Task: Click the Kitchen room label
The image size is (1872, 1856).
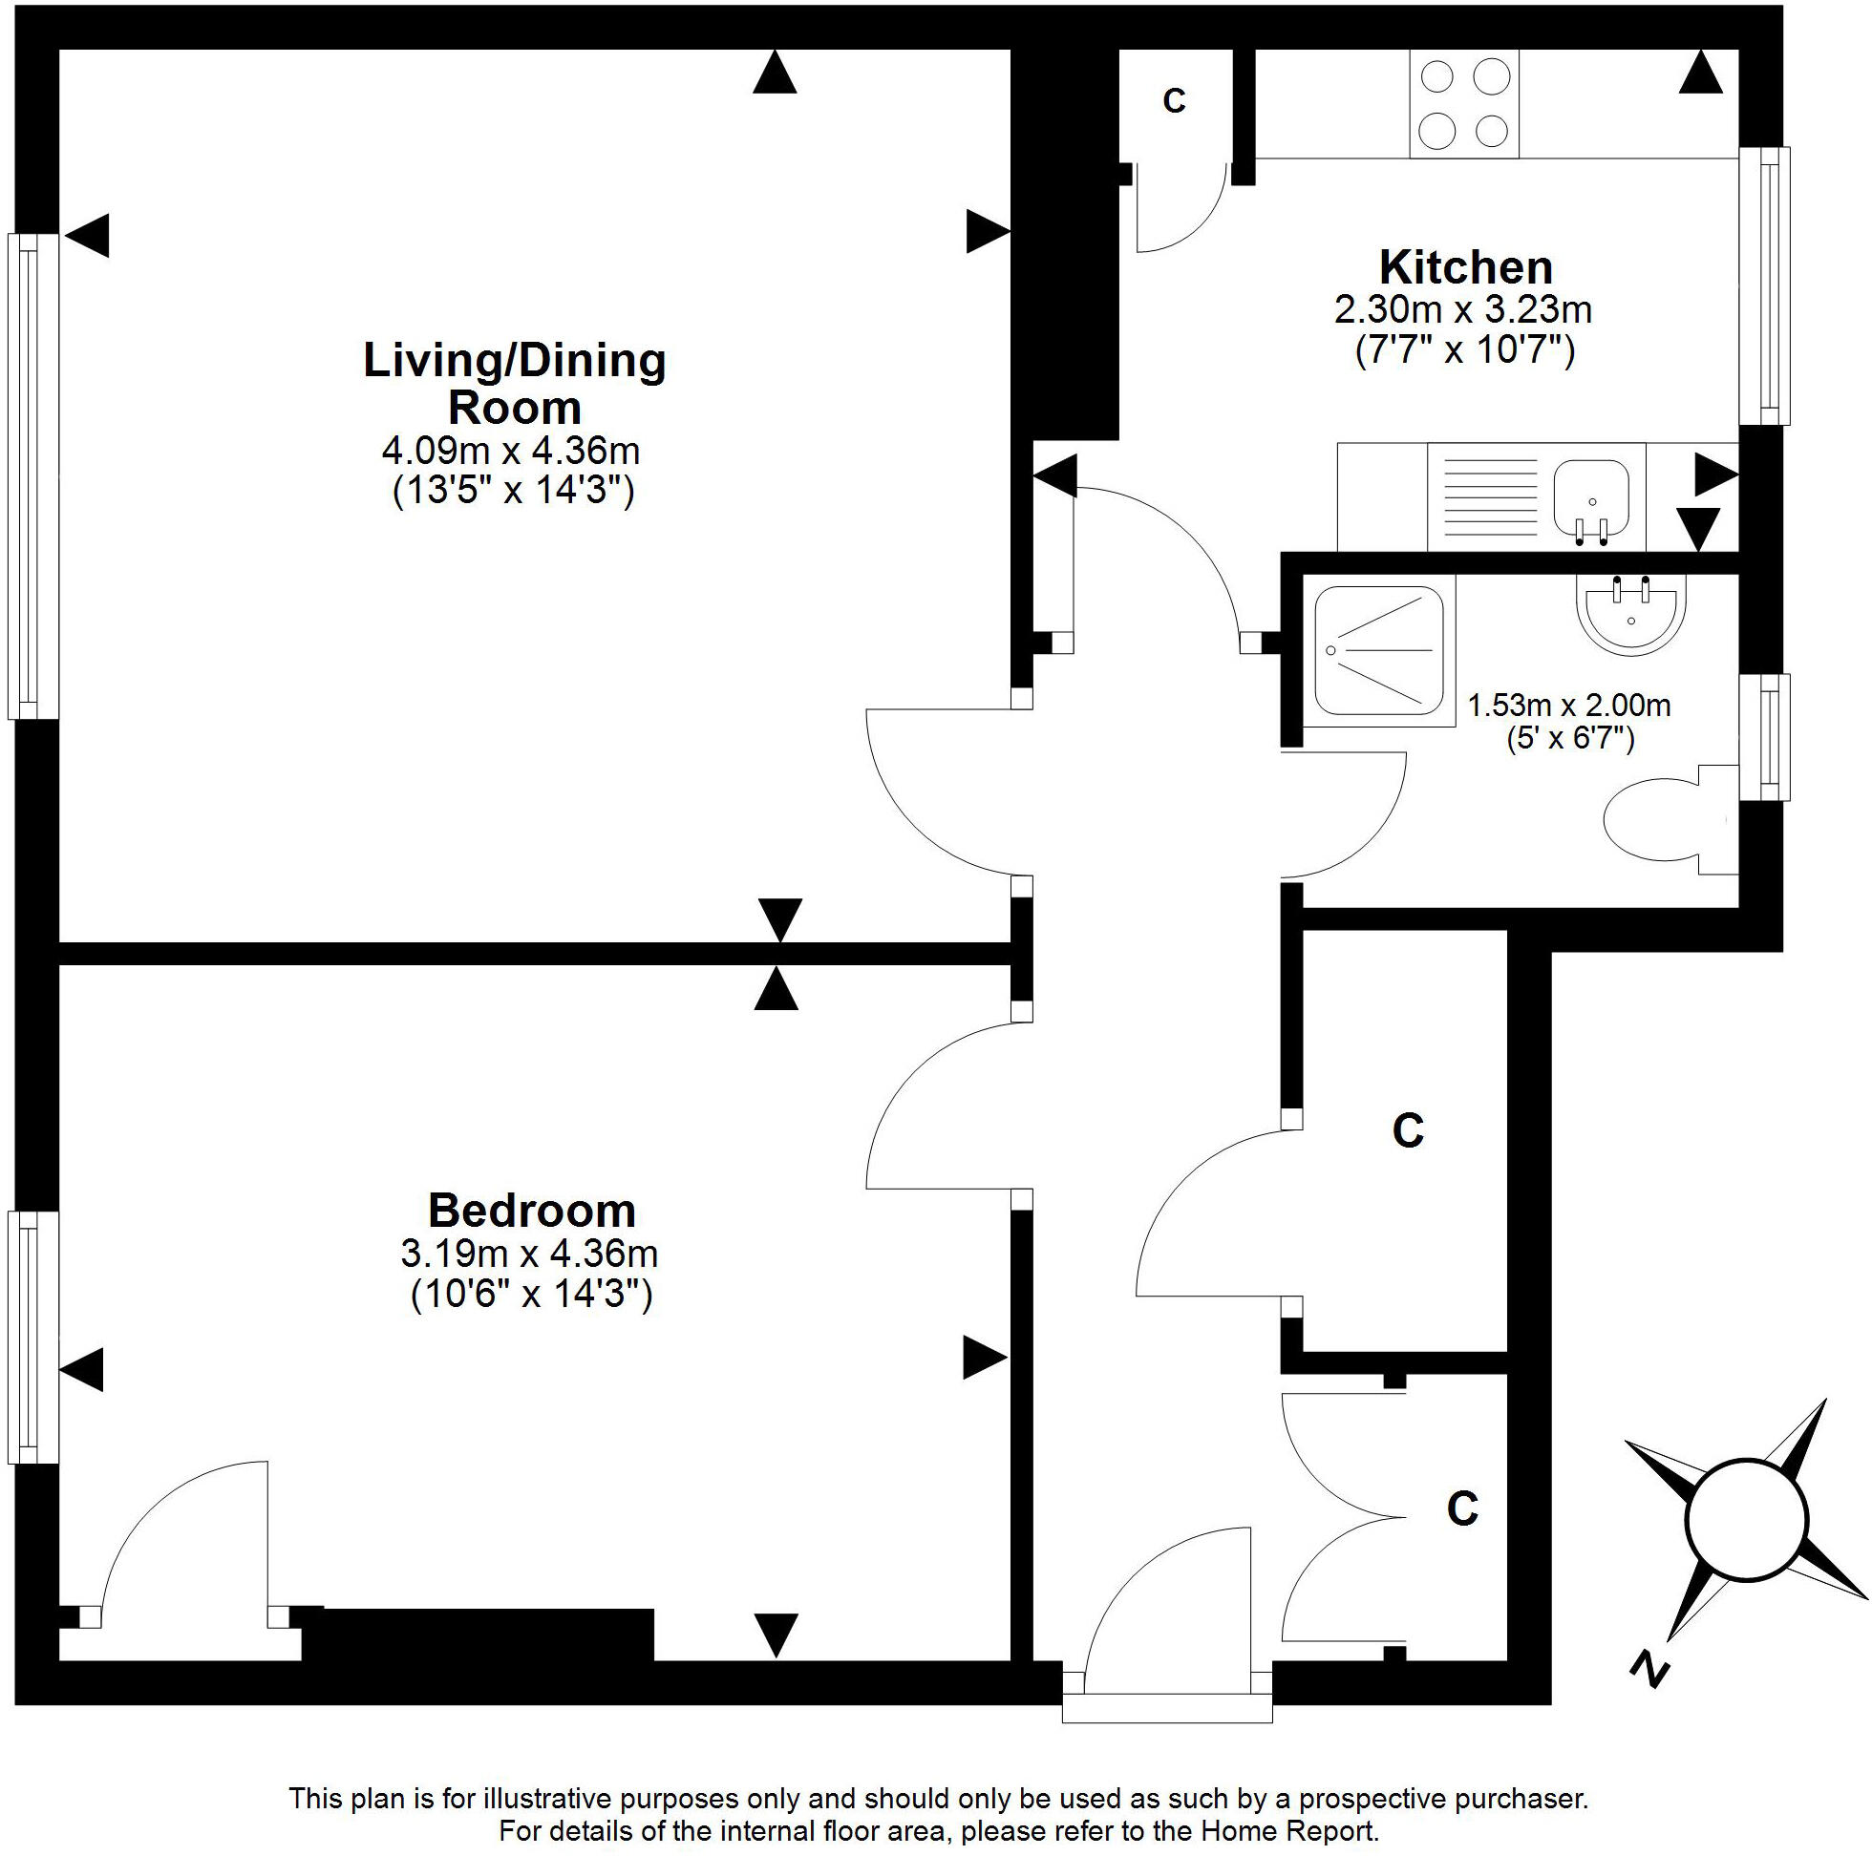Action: (x=1465, y=266)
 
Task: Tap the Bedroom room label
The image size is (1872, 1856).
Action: (x=532, y=1210)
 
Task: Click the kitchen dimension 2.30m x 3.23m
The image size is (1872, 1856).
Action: (x=1463, y=310)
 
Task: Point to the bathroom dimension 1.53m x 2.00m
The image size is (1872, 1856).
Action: (x=1568, y=705)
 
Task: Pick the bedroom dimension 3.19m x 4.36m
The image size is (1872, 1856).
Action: (x=529, y=1254)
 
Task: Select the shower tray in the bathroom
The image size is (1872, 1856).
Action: (x=1379, y=650)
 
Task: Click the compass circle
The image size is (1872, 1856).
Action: (x=1747, y=1518)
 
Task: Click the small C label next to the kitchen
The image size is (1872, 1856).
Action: (x=1175, y=101)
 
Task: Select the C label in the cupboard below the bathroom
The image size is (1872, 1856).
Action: (x=1408, y=1129)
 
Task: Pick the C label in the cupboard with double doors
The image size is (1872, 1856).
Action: (x=1462, y=1508)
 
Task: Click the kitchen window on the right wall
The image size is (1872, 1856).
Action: (x=1763, y=285)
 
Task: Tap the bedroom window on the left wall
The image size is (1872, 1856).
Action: (x=32, y=1337)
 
